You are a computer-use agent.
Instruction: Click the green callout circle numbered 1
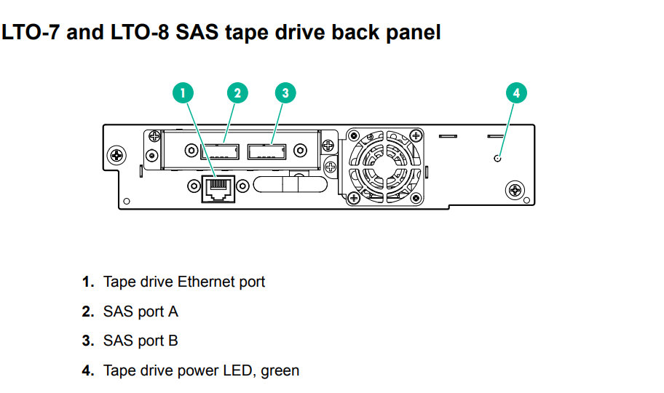[x=183, y=92]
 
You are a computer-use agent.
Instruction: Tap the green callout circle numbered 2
[x=237, y=92]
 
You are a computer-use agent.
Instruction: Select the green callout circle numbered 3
[x=285, y=92]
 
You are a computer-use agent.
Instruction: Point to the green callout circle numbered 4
[x=516, y=92]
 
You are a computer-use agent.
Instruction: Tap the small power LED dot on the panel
[x=497, y=158]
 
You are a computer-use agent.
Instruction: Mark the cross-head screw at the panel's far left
[x=116, y=155]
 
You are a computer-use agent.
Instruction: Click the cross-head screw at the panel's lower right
[x=515, y=191]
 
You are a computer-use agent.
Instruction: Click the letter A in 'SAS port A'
[x=173, y=311]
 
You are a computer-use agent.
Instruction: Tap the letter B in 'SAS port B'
[x=173, y=341]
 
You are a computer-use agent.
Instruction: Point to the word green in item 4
[x=280, y=370]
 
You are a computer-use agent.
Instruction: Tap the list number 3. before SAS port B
[x=88, y=341]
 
